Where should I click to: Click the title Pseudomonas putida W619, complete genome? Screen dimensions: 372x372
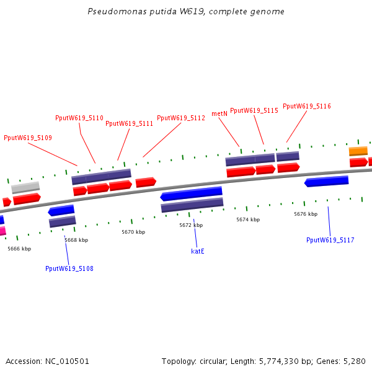pos(186,12)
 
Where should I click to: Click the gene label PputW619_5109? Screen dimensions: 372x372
pos(28,138)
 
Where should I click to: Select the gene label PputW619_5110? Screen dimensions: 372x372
pos(79,118)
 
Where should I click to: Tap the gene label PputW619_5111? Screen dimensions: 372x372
pos(129,123)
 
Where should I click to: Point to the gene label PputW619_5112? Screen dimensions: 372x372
pos(181,118)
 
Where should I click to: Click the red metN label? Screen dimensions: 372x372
pos(219,113)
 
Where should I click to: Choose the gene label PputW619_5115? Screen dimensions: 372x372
pos(254,110)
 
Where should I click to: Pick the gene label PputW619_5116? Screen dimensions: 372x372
pos(307,106)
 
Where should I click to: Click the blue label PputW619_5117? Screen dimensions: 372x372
pos(330,240)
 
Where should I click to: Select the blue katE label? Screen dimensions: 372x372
pos(198,251)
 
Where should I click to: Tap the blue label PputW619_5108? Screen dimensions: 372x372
pos(69,268)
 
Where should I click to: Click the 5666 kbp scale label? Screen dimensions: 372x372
pos(19,249)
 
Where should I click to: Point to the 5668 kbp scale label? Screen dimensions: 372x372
pos(76,240)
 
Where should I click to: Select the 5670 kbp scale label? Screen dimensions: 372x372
pos(133,232)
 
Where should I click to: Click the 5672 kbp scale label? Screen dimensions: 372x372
pos(191,225)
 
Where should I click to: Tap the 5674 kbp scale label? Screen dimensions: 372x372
pos(248,219)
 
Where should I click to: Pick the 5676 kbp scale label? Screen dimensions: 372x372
pos(306,214)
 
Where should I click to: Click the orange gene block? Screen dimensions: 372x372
pos(358,151)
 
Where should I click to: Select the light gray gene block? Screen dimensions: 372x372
pos(25,187)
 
